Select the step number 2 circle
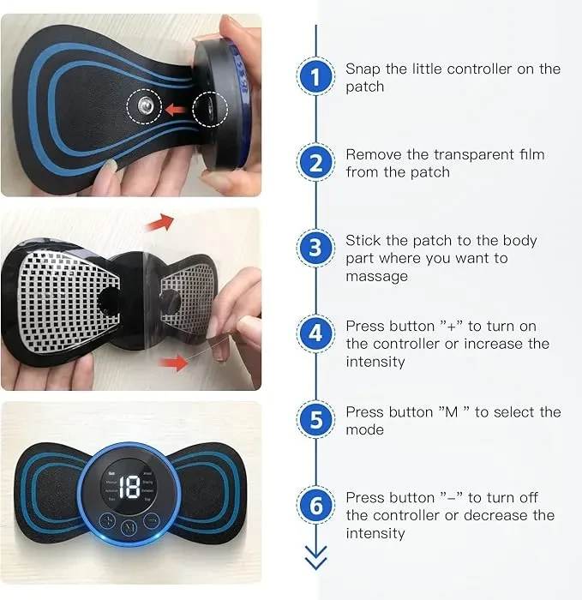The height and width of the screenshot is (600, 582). pyautogui.click(x=316, y=163)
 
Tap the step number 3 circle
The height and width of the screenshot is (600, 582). pyautogui.click(x=316, y=249)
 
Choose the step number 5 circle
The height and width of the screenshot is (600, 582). pyautogui.click(x=316, y=420)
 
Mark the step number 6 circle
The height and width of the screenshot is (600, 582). pyautogui.click(x=316, y=506)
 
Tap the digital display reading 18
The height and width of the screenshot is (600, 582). pyautogui.click(x=129, y=488)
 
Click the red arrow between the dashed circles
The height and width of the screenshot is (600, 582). pyautogui.click(x=176, y=109)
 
